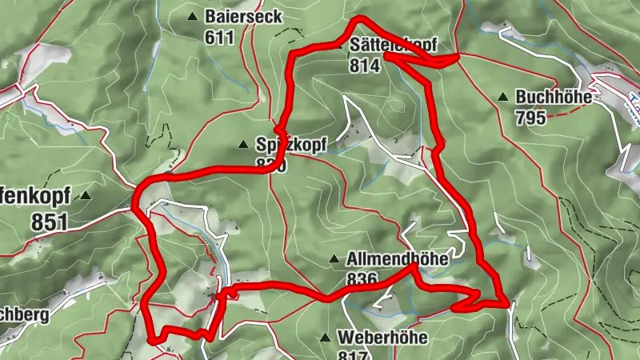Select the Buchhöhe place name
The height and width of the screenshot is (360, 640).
click(x=554, y=98)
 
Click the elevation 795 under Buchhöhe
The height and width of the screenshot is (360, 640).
click(x=530, y=118)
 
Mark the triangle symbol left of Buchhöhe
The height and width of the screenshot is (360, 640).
click(x=502, y=98)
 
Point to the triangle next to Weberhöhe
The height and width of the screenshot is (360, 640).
click(x=325, y=337)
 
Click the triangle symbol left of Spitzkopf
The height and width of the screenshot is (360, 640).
click(x=243, y=145)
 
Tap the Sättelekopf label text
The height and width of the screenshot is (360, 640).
click(x=394, y=46)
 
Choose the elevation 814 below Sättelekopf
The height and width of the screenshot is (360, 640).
click(x=363, y=66)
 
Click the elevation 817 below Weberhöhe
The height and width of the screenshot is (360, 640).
click(x=354, y=354)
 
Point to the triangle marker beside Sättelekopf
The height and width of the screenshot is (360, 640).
click(x=340, y=46)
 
